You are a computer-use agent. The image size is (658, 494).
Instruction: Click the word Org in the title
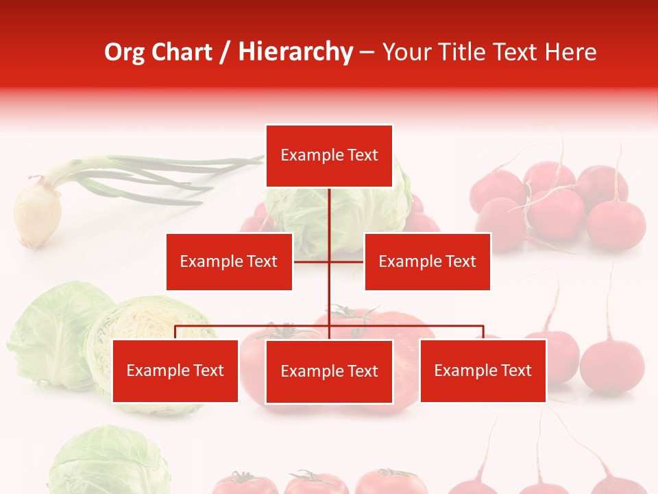124,52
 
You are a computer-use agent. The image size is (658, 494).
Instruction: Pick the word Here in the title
570,52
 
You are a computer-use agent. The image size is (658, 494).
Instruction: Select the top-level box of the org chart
329,156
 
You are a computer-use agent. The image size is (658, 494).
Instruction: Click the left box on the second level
229,261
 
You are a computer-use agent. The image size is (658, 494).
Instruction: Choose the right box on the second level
427,261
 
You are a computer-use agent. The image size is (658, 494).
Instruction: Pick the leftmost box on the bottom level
175,370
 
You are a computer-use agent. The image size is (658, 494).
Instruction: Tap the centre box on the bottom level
329,371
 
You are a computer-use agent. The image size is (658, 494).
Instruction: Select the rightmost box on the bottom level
483,370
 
